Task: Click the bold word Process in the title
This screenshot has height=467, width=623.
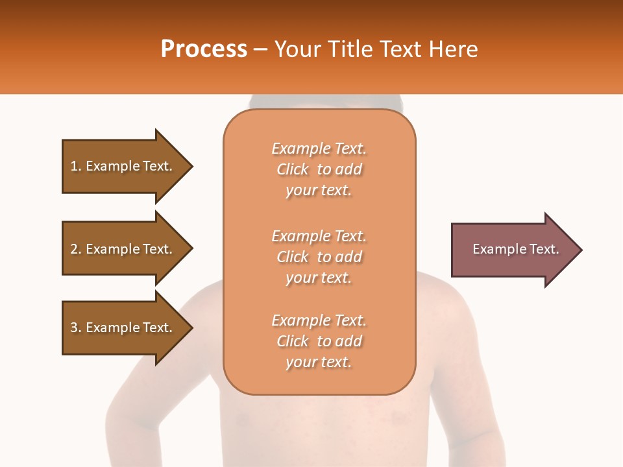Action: coord(204,49)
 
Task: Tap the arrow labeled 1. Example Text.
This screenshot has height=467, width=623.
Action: coord(123,166)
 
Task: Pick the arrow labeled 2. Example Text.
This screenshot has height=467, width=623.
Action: coord(123,249)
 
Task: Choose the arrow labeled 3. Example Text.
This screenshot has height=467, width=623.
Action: coord(123,328)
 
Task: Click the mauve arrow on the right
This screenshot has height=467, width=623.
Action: coord(513,249)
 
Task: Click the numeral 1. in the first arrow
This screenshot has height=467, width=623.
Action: coord(75,166)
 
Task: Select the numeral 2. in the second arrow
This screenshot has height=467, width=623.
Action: coord(75,249)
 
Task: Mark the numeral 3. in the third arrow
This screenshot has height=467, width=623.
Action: coord(75,328)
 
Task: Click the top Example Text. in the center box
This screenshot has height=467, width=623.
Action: coord(319,149)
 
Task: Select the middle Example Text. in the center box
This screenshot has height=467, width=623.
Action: coord(319,236)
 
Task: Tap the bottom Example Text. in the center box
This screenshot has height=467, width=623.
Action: coord(319,320)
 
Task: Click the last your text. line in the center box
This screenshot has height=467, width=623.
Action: coord(319,362)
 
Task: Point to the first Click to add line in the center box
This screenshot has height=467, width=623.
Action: coord(319,169)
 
